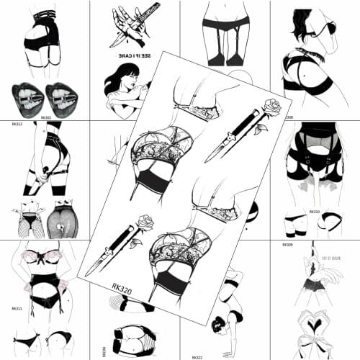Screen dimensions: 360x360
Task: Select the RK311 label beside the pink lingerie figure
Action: coord(17,307)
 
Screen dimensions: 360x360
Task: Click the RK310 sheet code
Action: coord(314,212)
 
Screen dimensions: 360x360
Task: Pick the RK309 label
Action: coord(288,245)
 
